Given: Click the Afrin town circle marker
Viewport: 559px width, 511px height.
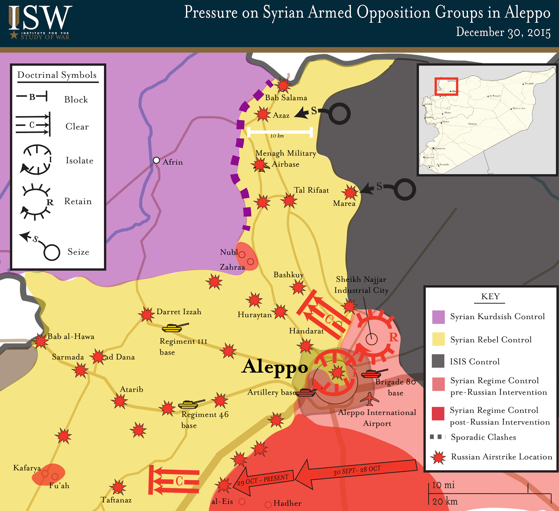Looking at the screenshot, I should point(157,160).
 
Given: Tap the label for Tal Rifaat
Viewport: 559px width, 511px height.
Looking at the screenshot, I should point(311,190).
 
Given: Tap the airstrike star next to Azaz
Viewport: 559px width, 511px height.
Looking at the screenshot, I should point(262,114).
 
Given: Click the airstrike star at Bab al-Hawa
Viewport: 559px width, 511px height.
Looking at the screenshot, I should point(41,341).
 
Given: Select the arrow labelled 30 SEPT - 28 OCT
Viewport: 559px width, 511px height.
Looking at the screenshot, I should point(356,472).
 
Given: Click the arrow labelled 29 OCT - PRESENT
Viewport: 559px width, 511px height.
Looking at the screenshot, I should point(264,481).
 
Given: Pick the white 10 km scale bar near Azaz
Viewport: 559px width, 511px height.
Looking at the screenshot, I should point(280,132).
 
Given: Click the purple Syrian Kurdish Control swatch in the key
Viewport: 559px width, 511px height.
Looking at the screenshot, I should point(438,317).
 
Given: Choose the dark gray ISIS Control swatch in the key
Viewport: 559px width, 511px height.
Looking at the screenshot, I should point(438,361).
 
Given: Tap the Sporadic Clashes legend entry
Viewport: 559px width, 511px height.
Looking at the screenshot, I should point(483,437).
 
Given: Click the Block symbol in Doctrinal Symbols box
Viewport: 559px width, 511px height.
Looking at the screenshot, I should point(32,96).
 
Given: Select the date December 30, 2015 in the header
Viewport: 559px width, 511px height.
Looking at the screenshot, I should point(503,32).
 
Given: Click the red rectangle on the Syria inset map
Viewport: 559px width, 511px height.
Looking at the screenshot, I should point(446,86).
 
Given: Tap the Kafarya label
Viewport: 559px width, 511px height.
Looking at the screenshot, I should point(27,468).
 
